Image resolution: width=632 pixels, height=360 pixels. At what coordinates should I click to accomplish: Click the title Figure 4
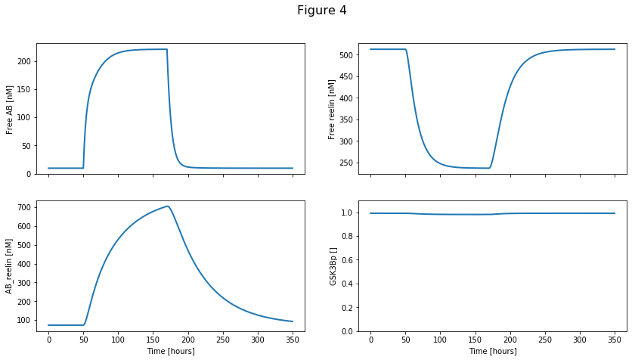(321, 11)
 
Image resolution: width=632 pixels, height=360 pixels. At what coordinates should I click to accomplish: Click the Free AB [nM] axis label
(11, 109)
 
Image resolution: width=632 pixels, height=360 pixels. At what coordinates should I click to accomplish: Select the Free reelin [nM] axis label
(331, 109)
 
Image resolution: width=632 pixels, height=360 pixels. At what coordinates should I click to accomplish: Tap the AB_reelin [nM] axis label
(11, 265)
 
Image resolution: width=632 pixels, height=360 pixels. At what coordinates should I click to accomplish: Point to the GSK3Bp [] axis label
(333, 265)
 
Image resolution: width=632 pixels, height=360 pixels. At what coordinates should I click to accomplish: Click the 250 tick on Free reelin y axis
(344, 163)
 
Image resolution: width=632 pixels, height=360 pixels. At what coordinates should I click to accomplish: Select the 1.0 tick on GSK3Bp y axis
(346, 213)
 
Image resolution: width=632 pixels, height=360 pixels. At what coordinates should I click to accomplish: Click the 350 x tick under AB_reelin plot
(293, 340)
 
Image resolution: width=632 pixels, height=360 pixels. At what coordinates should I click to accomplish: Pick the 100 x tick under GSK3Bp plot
(440, 340)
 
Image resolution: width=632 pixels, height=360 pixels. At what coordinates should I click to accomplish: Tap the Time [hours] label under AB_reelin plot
(170, 351)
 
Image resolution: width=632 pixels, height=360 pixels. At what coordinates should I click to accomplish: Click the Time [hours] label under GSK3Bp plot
(492, 351)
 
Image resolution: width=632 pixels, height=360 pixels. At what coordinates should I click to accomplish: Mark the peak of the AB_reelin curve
(168, 206)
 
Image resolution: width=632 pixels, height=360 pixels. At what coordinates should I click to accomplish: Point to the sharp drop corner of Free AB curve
(167, 49)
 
